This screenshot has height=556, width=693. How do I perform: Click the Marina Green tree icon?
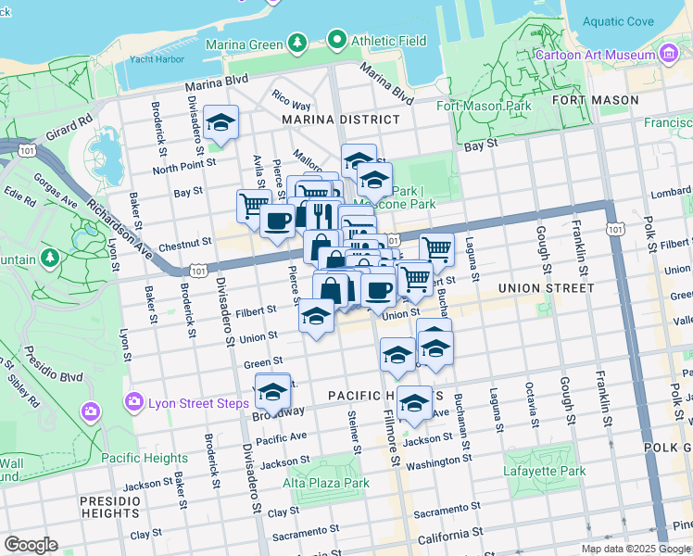coord(296,42)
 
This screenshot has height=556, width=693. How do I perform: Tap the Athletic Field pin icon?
coord(336,41)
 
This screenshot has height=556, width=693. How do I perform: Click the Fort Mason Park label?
coord(484,106)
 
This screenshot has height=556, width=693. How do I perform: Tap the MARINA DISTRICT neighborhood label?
coord(341,120)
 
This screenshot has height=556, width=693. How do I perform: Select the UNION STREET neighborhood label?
coord(546,288)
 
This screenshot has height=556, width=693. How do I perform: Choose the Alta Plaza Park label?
coord(326,483)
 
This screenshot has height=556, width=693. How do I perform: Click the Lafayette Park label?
coord(545,472)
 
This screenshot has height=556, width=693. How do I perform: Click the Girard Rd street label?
coord(70,129)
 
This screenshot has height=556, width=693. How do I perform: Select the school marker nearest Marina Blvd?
coord(221,122)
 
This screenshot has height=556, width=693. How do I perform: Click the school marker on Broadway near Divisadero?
coord(272,390)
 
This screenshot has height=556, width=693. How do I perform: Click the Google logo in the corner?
coord(31,545)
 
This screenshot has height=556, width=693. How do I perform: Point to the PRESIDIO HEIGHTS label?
coord(109,507)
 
